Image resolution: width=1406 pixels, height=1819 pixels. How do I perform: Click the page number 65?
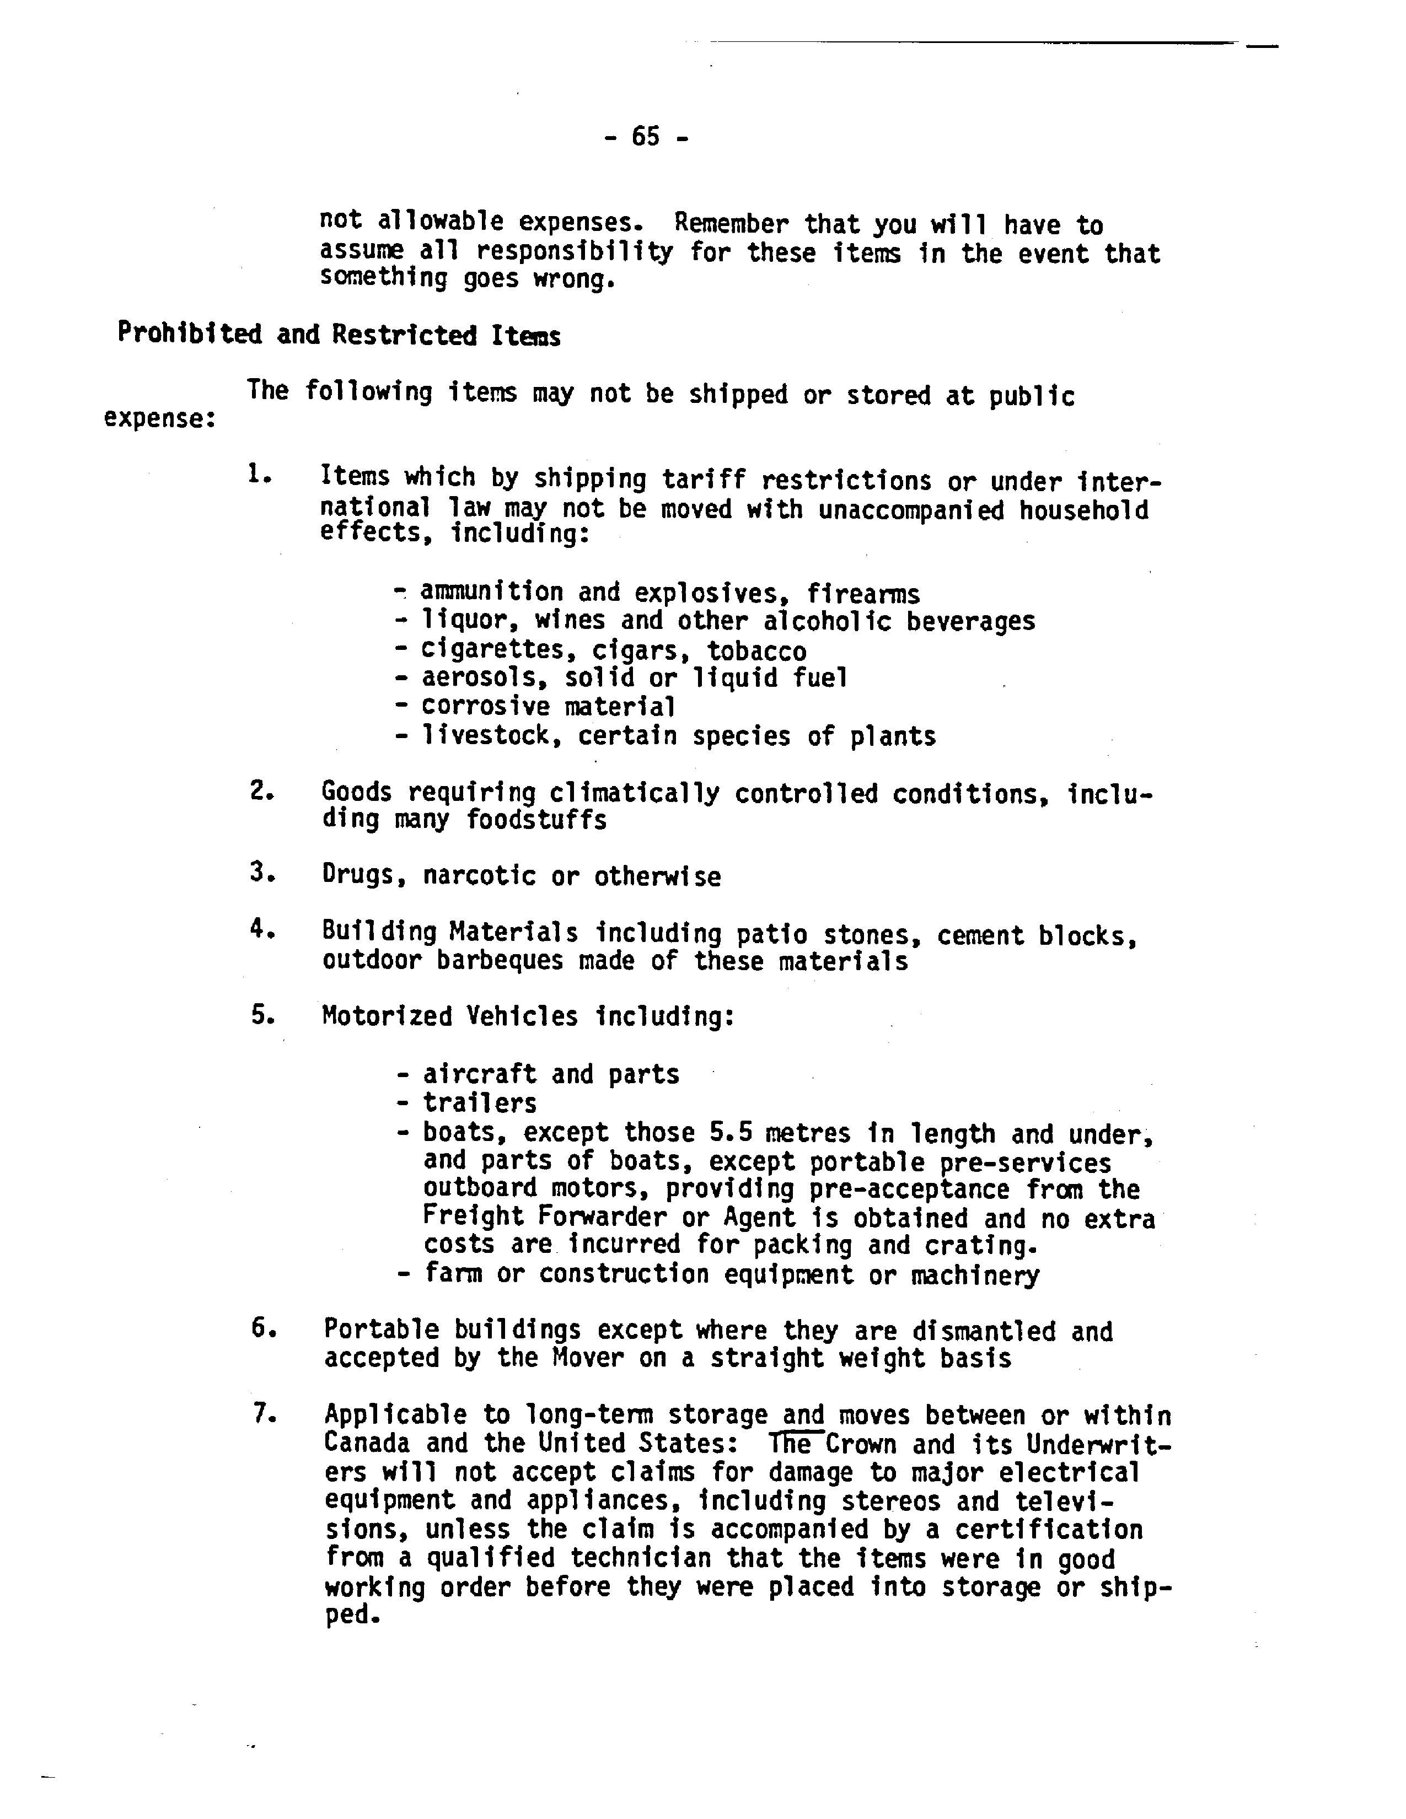point(646,136)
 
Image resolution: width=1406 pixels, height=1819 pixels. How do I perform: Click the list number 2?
point(261,790)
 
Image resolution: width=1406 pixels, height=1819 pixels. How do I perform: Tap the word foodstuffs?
point(535,820)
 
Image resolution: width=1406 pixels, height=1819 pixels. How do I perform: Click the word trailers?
point(480,1103)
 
